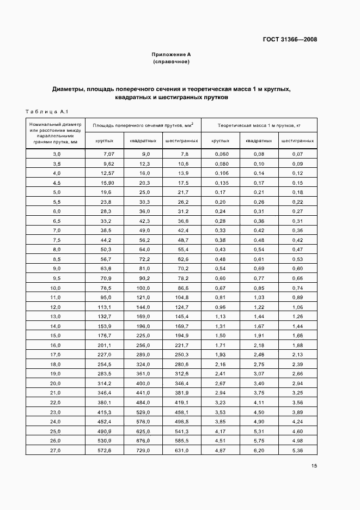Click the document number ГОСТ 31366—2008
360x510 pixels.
pyautogui.click(x=290, y=39)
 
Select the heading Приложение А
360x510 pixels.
pyautogui.click(x=171, y=54)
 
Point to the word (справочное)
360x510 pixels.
pyautogui.click(x=171, y=62)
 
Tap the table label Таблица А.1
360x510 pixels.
pyautogui.click(x=46, y=112)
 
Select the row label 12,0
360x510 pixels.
pyautogui.click(x=56, y=307)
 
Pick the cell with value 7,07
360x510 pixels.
pyautogui.click(x=106, y=155)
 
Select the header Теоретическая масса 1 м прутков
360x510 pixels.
pyautogui.click(x=259, y=125)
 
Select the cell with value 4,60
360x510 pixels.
pyautogui.click(x=297, y=430)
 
